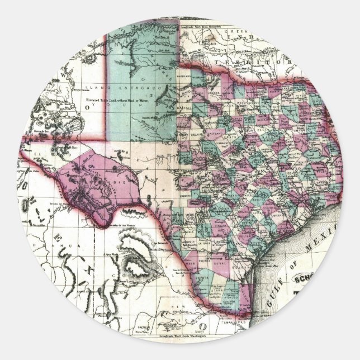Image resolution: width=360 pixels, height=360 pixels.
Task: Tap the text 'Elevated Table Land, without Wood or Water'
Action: coord(120,101)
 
